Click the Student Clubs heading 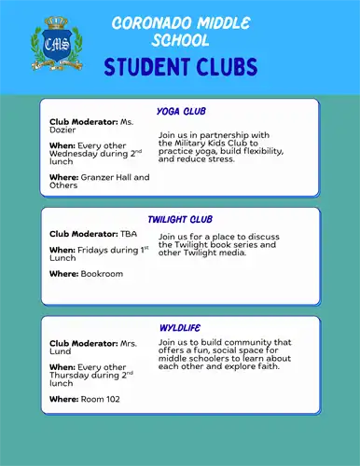click(181, 68)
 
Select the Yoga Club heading click(181, 111)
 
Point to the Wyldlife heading click(180, 328)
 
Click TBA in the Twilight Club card click(129, 233)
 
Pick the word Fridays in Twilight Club click(94, 250)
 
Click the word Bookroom click(102, 274)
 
